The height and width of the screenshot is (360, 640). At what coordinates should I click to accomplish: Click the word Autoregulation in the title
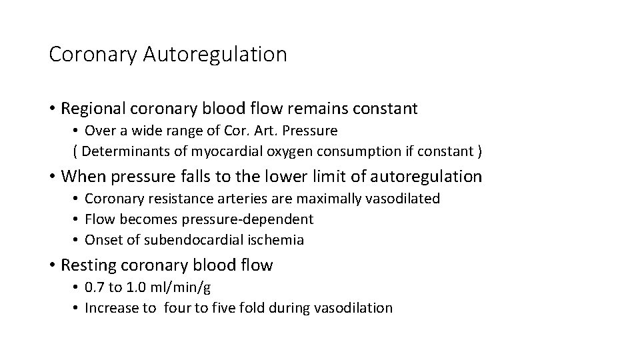tap(215, 55)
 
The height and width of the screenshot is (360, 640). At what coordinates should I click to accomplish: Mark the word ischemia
tap(279, 240)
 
